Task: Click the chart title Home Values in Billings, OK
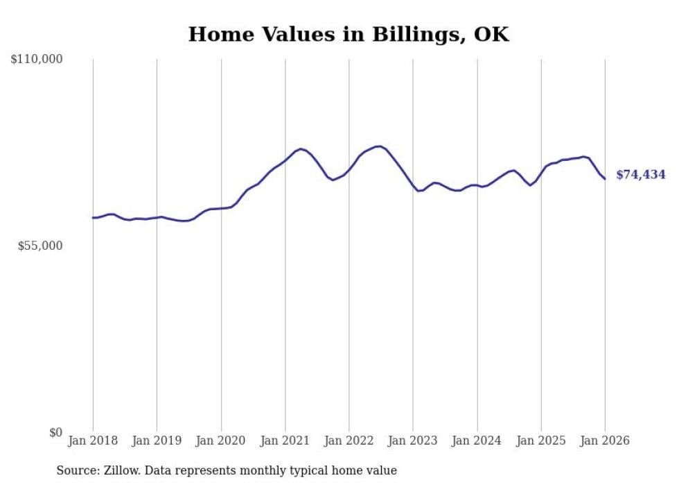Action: coord(349,35)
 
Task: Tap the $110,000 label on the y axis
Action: coord(37,60)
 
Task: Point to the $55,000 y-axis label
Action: coord(40,246)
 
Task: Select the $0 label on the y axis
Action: coord(55,432)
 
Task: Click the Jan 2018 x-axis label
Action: coord(93,441)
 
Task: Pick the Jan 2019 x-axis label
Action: coord(157,441)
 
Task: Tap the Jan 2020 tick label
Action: coord(221,441)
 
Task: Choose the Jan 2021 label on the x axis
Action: coord(285,441)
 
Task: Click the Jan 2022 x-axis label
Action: coord(349,441)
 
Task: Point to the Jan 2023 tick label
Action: coord(413,441)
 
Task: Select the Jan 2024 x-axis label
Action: coord(477,441)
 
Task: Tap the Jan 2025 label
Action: coord(541,441)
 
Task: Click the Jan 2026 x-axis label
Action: coord(605,441)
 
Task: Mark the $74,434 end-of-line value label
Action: coord(640,175)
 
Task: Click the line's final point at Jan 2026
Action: coord(605,179)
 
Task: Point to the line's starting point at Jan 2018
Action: coord(93,218)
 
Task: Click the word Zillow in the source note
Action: coord(121,470)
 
